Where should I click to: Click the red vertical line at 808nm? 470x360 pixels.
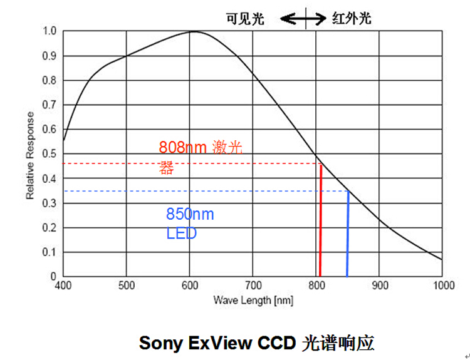320,219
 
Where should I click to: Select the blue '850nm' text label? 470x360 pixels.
190,215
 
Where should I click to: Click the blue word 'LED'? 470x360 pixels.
181,234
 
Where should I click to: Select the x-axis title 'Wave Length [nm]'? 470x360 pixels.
253,300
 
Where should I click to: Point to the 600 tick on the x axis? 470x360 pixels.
190,285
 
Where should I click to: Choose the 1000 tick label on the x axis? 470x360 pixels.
442,285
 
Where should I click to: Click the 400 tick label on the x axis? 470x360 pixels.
63,285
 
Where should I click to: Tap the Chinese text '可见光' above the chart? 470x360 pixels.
245,19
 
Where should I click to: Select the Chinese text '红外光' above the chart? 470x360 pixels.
351,19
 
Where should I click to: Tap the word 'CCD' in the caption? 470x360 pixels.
276,343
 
